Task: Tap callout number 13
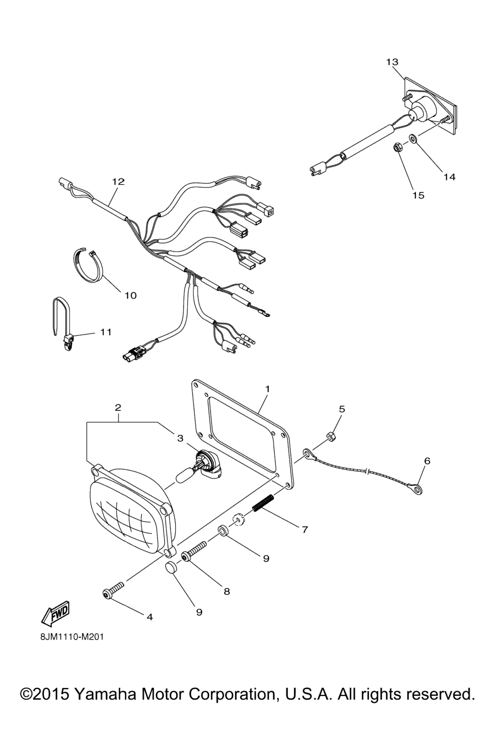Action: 392,62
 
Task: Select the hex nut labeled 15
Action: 395,146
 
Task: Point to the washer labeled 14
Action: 413,138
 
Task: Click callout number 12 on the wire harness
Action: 119,182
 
